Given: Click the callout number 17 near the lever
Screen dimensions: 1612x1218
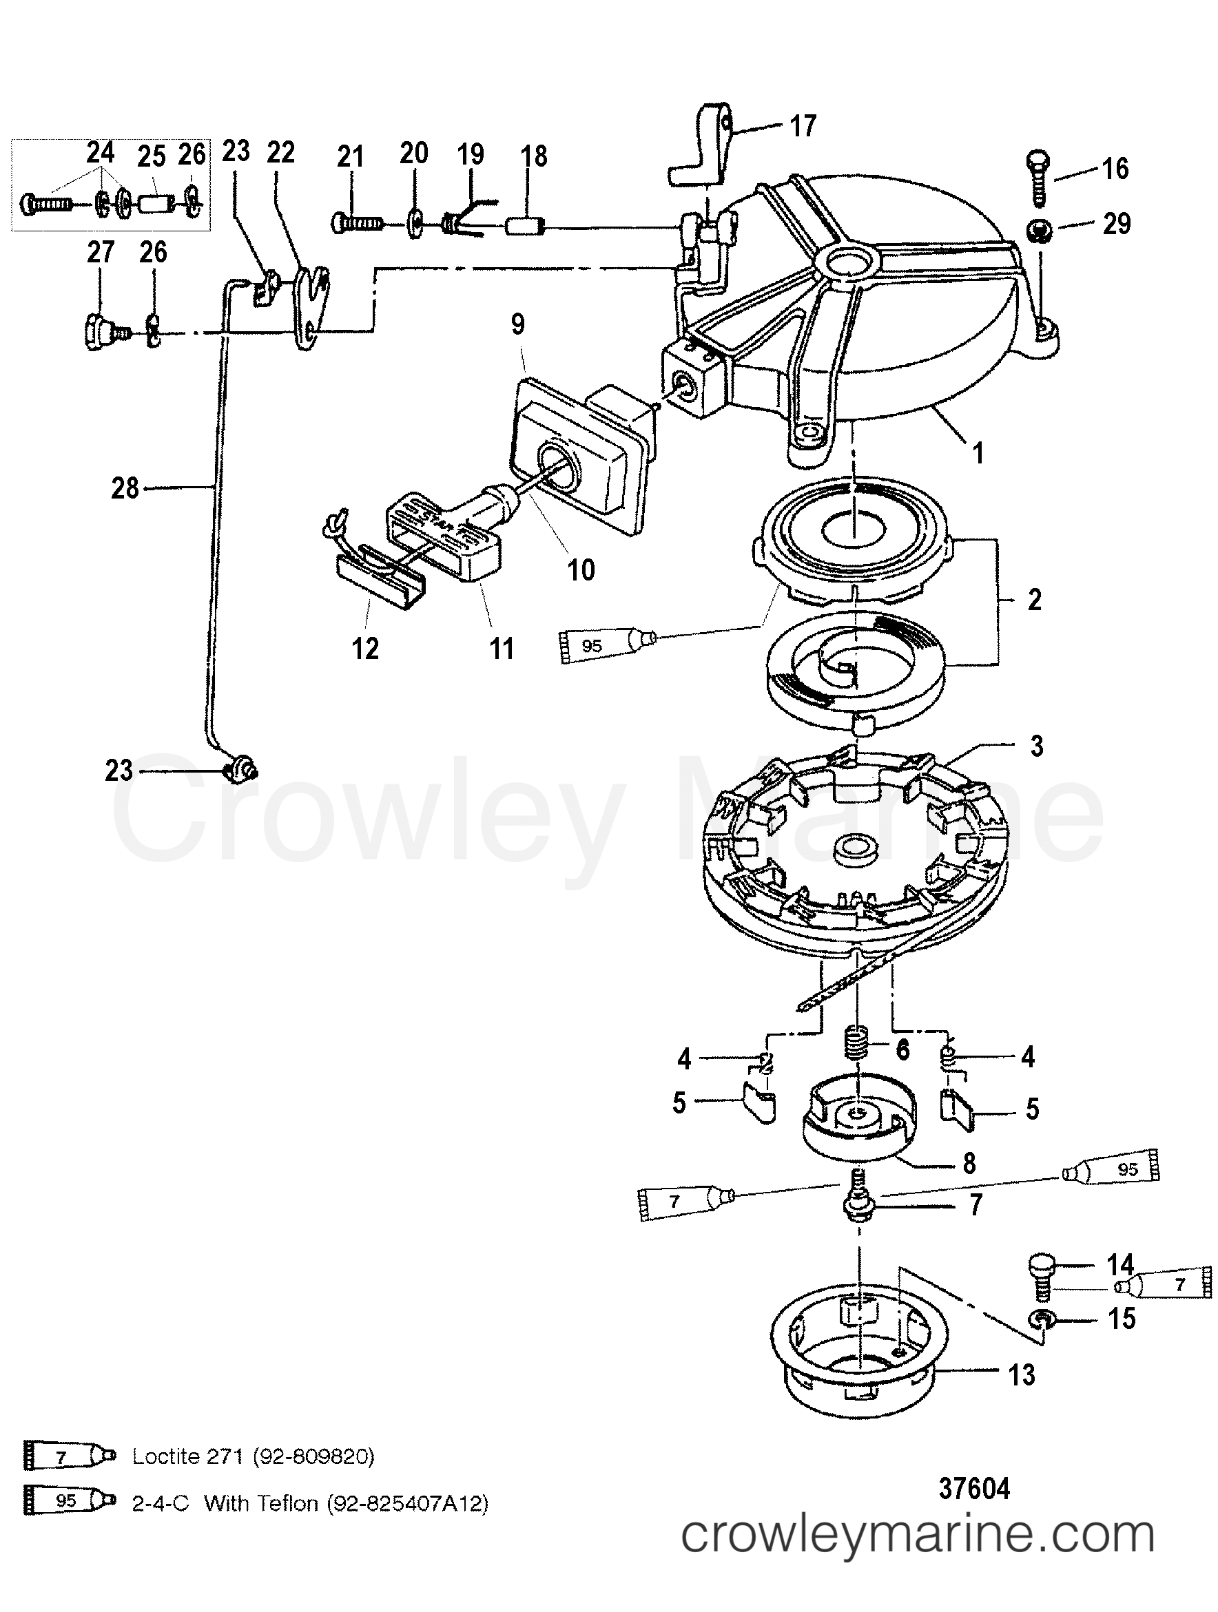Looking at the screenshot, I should click(x=803, y=126).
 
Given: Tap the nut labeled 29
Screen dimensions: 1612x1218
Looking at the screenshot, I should click(x=1039, y=232).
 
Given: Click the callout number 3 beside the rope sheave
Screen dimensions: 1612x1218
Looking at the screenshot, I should click(x=1035, y=746).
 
